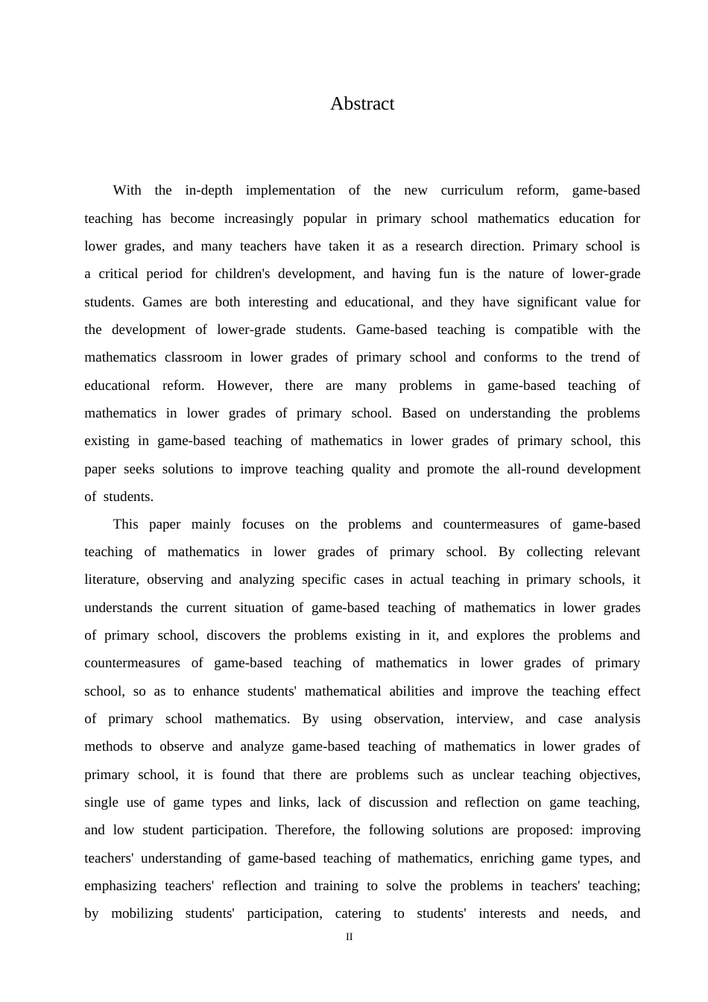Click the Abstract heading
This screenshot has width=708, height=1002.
[362, 104]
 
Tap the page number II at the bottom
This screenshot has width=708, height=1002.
[349, 937]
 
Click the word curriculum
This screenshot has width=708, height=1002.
[472, 190]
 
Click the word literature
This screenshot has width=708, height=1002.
[110, 579]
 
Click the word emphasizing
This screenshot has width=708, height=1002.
[120, 886]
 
